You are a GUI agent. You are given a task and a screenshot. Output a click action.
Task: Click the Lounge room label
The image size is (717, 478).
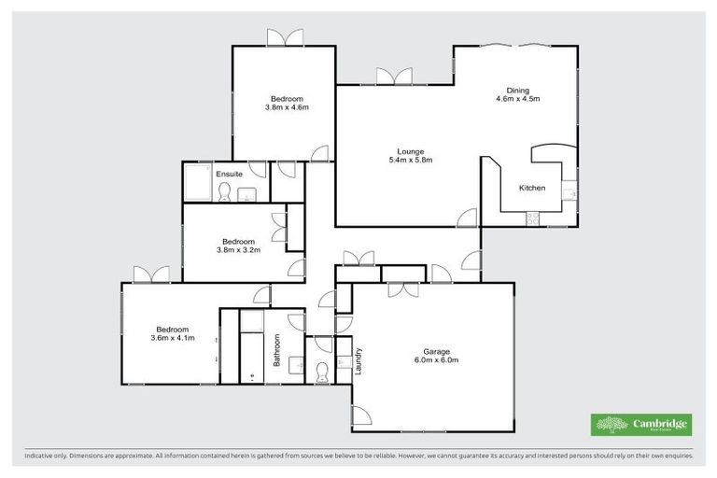point(411,151)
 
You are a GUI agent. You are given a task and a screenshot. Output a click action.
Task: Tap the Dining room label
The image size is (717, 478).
point(518,91)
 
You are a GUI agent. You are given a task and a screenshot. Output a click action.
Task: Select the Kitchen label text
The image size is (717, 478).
point(532,188)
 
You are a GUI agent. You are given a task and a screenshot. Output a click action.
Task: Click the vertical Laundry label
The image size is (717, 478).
point(358,361)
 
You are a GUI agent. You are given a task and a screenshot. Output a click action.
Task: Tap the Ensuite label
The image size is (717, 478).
point(230,174)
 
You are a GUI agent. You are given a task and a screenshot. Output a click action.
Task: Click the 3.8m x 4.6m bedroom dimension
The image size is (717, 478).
point(287,107)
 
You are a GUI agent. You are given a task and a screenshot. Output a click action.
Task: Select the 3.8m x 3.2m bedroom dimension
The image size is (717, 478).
point(238,249)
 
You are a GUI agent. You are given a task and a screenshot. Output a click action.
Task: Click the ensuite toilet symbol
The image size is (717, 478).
point(224,192)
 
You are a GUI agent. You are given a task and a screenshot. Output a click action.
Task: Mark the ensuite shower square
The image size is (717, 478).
point(197,182)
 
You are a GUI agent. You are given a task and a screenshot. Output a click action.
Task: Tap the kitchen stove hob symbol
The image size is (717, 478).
point(533,219)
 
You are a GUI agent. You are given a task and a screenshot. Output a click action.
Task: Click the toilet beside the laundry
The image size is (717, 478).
point(322,373)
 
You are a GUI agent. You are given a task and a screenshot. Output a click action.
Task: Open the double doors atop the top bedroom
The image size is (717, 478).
point(285,38)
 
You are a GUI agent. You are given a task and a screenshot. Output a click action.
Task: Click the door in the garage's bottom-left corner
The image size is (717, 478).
point(362,416)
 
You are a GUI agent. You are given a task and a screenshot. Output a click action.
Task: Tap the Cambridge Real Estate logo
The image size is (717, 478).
point(641,424)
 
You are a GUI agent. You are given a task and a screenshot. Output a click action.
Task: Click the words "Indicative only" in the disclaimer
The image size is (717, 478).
point(46,457)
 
